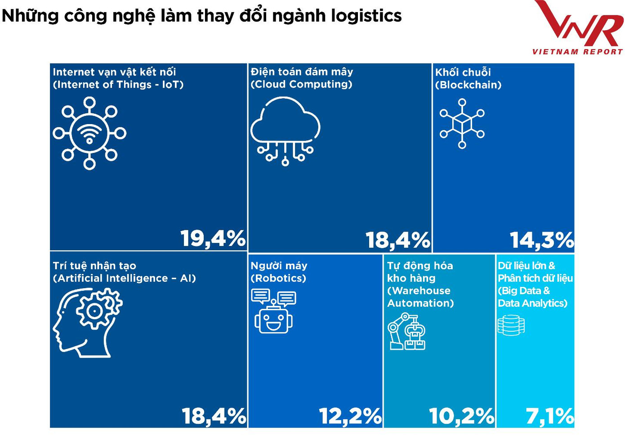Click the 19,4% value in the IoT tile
click(213, 238)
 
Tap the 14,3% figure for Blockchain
click(541, 240)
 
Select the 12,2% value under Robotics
click(350, 416)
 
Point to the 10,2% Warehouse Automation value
click(461, 416)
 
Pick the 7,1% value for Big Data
click(549, 416)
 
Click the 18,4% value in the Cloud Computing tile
click(397, 240)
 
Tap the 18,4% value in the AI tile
click(214, 416)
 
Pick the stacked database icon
click(511, 325)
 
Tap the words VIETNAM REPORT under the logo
click(577, 52)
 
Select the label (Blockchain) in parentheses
click(468, 85)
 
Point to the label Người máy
click(279, 266)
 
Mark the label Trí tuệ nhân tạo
click(94, 266)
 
